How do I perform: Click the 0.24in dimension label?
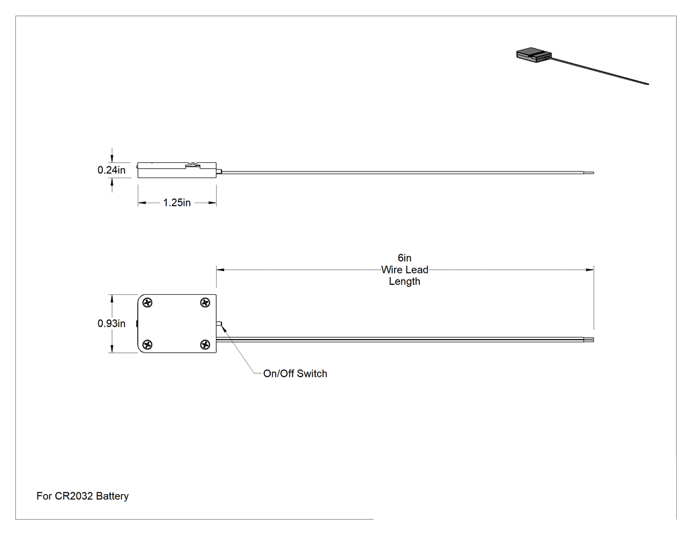[x=111, y=170]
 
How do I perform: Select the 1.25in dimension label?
[x=177, y=203]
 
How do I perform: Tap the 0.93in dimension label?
[x=111, y=323]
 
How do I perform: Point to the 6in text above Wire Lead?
[x=404, y=257]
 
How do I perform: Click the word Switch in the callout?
[x=312, y=374]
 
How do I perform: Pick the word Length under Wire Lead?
[x=405, y=282]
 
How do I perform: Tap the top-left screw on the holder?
[x=148, y=303]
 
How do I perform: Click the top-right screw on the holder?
[x=205, y=303]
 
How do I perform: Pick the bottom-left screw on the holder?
[x=148, y=344]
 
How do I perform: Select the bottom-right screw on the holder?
[x=205, y=344]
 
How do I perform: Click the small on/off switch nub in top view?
[x=219, y=324]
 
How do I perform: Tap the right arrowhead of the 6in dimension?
[x=590, y=270]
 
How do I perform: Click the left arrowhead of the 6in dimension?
[x=221, y=270]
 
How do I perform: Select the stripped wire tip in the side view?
[x=589, y=173]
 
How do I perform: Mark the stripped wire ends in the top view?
[x=589, y=340]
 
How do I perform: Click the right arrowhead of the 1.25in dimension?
[x=212, y=203]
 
